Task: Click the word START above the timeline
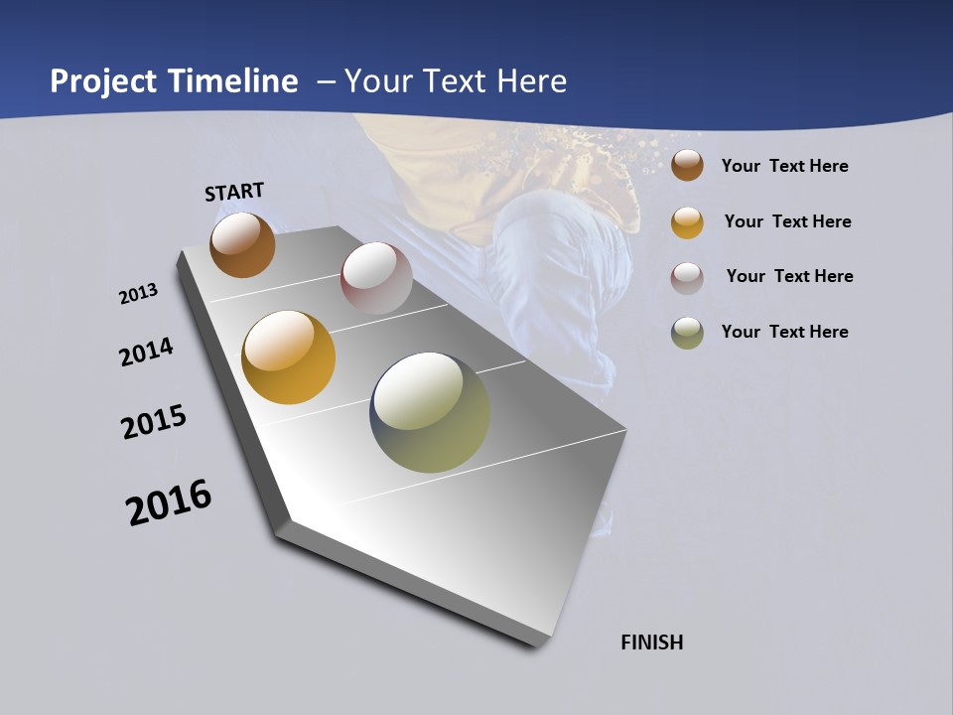234,192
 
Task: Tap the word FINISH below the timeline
652,643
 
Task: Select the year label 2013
138,294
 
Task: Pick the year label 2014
147,352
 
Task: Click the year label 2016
169,502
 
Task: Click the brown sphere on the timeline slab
242,244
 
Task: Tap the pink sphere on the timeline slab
376,278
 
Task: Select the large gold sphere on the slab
289,357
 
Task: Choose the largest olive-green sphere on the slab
430,412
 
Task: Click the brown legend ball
687,165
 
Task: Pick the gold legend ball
687,222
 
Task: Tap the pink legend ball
687,278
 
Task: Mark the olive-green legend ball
687,333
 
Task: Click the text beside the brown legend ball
784,166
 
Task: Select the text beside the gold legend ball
787,221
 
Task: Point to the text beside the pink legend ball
789,276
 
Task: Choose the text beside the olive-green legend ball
784,332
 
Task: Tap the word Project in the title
103,82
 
